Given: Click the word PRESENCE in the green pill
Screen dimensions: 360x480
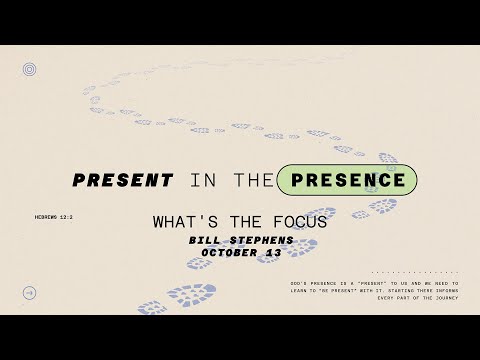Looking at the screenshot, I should (x=332, y=181).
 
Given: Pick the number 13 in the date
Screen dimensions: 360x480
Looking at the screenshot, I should (x=275, y=253).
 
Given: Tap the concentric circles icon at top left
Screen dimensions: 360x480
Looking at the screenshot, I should (x=30, y=70).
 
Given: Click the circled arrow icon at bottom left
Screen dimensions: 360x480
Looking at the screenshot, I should (x=30, y=293).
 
